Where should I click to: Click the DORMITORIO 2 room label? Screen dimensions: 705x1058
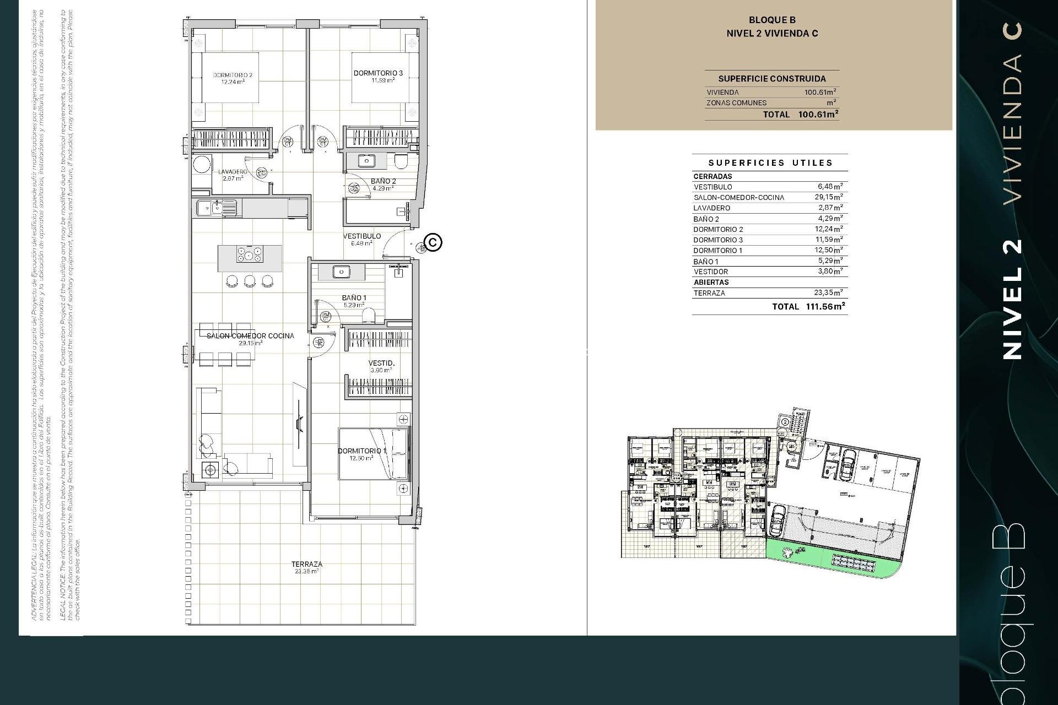tap(233, 75)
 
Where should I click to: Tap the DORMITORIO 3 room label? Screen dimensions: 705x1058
tap(378, 73)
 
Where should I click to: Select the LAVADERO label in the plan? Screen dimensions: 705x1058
tap(233, 172)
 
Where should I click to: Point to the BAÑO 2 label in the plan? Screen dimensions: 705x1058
tap(383, 181)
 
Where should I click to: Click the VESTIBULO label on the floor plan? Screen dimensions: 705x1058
tap(362, 236)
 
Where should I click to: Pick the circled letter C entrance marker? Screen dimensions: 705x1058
tap(434, 242)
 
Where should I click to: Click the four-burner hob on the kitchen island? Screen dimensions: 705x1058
tap(250, 254)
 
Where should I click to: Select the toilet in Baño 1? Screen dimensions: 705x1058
tap(369, 314)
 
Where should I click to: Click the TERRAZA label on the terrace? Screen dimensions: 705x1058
tap(307, 564)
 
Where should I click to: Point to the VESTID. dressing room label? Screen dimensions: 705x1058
tap(381, 363)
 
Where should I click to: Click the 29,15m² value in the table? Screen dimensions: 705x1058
tap(828, 197)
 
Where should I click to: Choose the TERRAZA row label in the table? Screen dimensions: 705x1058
tap(709, 293)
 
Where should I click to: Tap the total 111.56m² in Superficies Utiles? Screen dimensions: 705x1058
tap(825, 306)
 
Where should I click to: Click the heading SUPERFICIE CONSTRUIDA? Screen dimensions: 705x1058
tap(771, 79)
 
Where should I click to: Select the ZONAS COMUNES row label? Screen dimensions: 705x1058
tap(736, 103)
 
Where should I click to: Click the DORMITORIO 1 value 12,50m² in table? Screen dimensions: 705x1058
tap(828, 250)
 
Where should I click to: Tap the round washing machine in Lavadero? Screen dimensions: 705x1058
tap(202, 164)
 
